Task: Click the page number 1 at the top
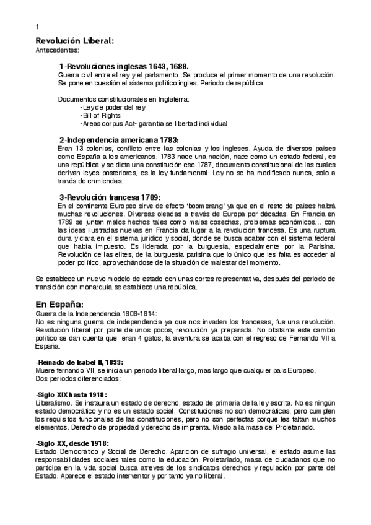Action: point(38,27)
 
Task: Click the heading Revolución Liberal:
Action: point(74,41)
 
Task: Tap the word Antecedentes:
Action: point(58,50)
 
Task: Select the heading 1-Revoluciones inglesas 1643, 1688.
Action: point(124,66)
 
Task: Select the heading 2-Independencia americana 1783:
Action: point(119,140)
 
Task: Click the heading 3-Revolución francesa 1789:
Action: point(110,197)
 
